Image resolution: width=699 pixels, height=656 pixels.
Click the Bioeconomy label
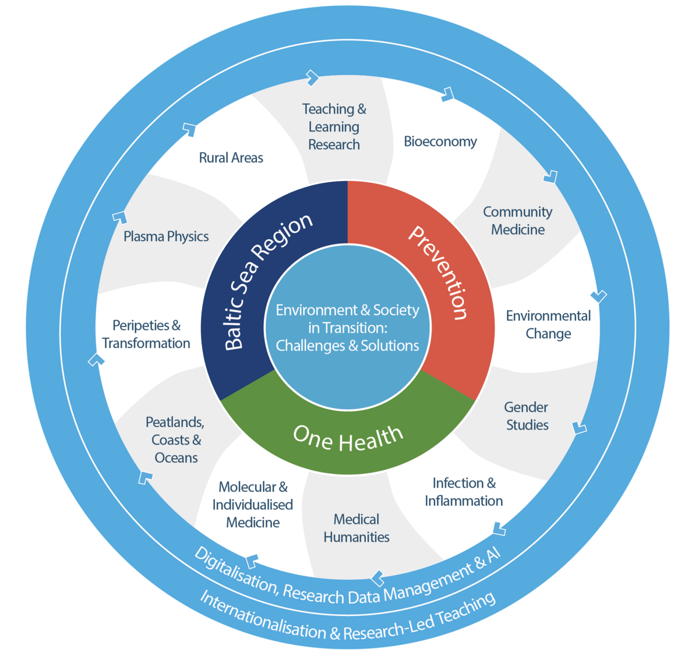(x=440, y=141)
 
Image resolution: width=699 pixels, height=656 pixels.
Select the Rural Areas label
(x=231, y=158)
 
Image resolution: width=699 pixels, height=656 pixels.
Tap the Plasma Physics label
(x=166, y=236)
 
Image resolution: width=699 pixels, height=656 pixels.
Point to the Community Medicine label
(x=517, y=221)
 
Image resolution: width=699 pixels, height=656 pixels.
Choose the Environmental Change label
(x=548, y=325)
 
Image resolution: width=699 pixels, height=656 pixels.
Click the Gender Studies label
(x=527, y=416)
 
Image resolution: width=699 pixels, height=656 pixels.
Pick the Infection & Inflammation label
(x=464, y=492)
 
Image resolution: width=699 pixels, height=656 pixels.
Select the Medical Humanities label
(x=356, y=528)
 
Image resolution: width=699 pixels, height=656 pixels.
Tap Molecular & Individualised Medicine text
(x=253, y=505)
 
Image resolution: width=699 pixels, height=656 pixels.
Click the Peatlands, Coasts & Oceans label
(x=175, y=440)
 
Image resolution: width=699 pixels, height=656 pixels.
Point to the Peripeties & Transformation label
(x=146, y=334)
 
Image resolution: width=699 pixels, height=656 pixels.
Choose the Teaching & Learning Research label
(x=334, y=127)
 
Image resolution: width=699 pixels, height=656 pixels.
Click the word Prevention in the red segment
(x=439, y=272)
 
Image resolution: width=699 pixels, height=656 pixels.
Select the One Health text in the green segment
(x=348, y=438)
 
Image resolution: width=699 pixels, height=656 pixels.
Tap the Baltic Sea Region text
(x=267, y=281)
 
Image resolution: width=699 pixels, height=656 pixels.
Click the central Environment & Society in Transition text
(x=348, y=328)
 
